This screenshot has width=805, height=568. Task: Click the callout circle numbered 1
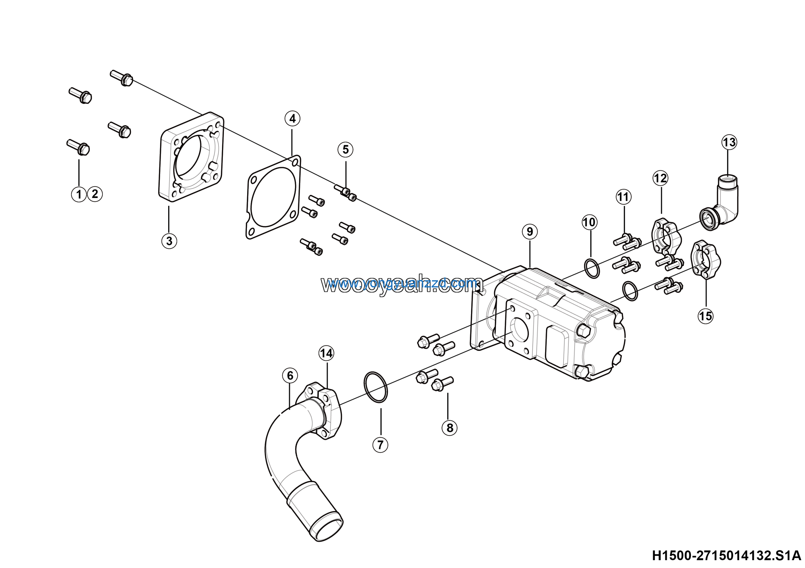pos(79,194)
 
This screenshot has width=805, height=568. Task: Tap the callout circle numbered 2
pos(95,194)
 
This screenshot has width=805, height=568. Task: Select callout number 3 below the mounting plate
pos(169,241)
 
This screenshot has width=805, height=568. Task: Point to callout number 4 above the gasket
pos(292,119)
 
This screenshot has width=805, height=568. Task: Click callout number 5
pos(345,150)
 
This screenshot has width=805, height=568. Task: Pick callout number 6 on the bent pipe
pos(290,376)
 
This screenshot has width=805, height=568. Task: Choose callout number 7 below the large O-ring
pos(380,445)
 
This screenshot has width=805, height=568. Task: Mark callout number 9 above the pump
pos(530,232)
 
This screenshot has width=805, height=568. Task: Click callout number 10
pos(589,222)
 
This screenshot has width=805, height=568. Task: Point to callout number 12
pos(661,178)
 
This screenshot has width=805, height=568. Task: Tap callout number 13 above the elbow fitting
pos(729,142)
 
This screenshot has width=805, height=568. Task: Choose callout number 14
pos(326,353)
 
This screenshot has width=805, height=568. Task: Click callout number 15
pos(705,316)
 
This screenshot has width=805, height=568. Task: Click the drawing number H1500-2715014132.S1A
pos(728,555)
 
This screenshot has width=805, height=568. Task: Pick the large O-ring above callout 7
pos(376,387)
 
